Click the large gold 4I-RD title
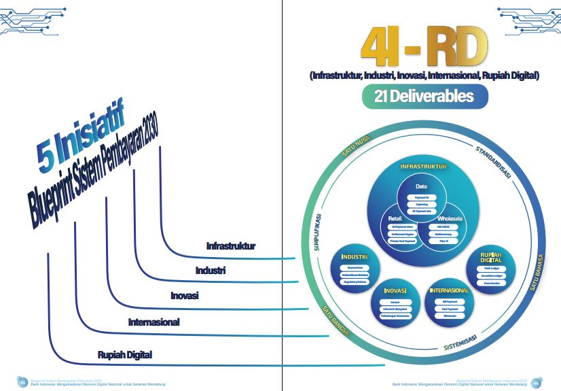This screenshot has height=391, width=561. pos(424,46)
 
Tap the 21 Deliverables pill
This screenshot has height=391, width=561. pos(424,97)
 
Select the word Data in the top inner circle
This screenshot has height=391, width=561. pos(421,186)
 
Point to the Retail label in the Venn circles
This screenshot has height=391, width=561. pos(396,218)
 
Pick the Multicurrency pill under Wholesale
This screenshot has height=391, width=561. pos(442,233)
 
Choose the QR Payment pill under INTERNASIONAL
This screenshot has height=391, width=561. pos(449,301)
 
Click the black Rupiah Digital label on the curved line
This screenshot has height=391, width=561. pos(124,355)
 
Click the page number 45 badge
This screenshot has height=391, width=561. pos(22,381)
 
